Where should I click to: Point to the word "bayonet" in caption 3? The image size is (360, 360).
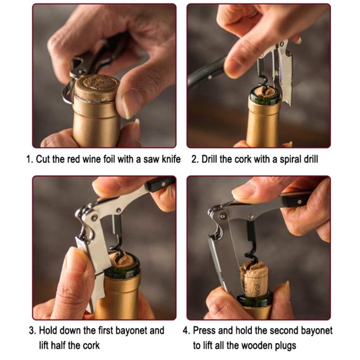click(x=131, y=331)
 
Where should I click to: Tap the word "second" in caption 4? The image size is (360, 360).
click(x=284, y=331)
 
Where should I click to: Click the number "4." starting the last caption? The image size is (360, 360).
click(x=186, y=331)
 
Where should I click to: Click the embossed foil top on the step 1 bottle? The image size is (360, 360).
click(x=95, y=85)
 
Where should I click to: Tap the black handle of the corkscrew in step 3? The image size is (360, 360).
click(x=160, y=183)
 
